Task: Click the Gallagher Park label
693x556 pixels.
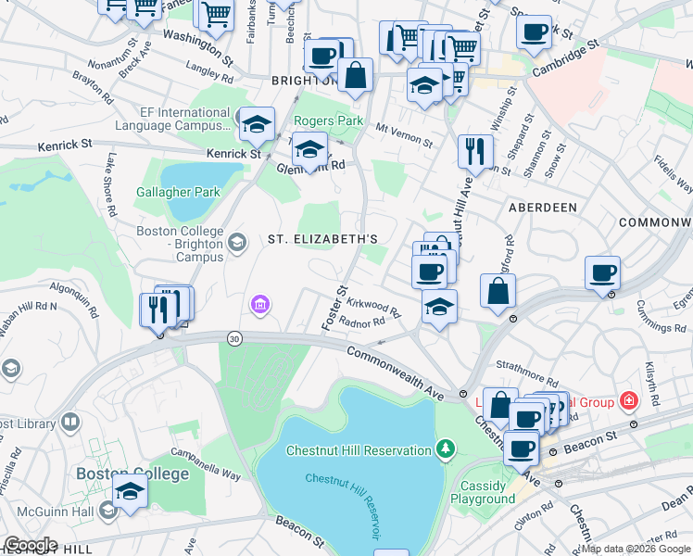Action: point(178,192)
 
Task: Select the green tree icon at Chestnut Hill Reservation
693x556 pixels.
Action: point(447,450)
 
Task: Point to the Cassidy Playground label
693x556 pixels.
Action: point(483,492)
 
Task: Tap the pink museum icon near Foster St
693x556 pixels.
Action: point(260,304)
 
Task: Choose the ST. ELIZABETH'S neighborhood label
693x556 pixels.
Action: point(322,239)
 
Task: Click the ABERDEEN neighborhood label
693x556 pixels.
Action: point(542,208)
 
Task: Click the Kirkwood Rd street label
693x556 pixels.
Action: point(372,307)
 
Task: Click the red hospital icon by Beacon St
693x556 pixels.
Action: point(629,401)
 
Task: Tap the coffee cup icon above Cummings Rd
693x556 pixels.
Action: point(602,273)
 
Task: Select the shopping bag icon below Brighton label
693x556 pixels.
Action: point(355,75)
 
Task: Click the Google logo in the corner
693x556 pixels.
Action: point(30,545)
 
